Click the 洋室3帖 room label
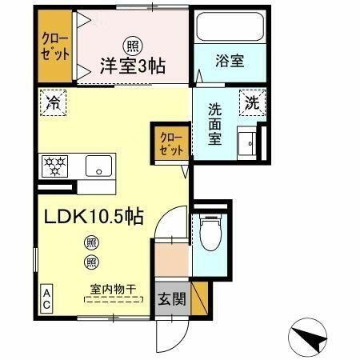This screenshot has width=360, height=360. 133,66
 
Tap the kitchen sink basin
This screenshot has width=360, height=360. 99,168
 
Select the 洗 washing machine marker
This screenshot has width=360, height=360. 252,102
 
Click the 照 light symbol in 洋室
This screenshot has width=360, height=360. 129,46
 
